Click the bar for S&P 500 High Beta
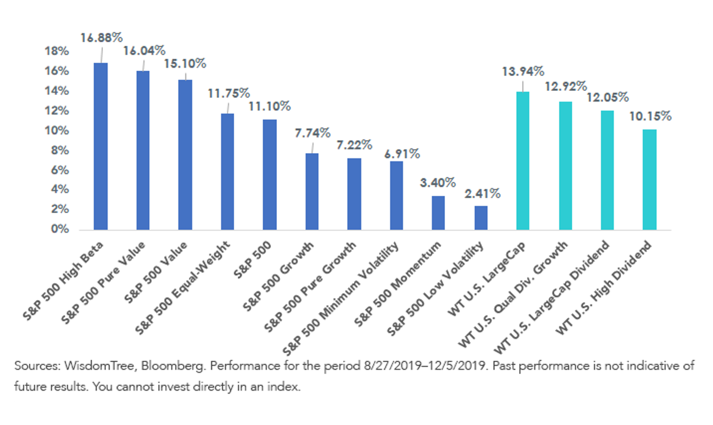[100, 146]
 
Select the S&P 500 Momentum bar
[438, 213]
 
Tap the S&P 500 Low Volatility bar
[481, 218]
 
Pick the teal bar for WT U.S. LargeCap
[523, 161]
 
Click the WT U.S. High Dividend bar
[649, 180]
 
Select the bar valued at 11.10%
[270, 175]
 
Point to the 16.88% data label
[102, 38]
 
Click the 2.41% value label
[482, 194]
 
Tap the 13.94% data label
[523, 71]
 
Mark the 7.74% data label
[313, 133]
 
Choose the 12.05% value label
[608, 97]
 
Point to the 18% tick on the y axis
[56, 51]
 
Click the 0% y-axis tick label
[60, 229]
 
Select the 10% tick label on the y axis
[56, 131]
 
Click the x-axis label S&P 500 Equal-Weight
[182, 288]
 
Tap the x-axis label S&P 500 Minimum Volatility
[340, 299]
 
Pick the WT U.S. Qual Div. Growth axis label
[512, 294]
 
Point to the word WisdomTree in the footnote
[100, 366]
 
